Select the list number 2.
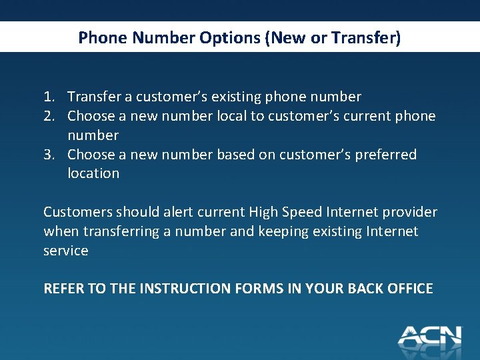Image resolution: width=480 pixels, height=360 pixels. (x=49, y=117)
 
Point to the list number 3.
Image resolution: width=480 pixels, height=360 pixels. (x=49, y=155)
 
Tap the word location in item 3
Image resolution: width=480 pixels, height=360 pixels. (x=93, y=173)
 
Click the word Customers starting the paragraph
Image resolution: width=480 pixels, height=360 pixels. (x=77, y=212)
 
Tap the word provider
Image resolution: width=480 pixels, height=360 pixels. (x=410, y=212)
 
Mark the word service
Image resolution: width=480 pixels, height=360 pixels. (x=66, y=251)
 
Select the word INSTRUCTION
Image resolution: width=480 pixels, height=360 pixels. (x=183, y=289)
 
